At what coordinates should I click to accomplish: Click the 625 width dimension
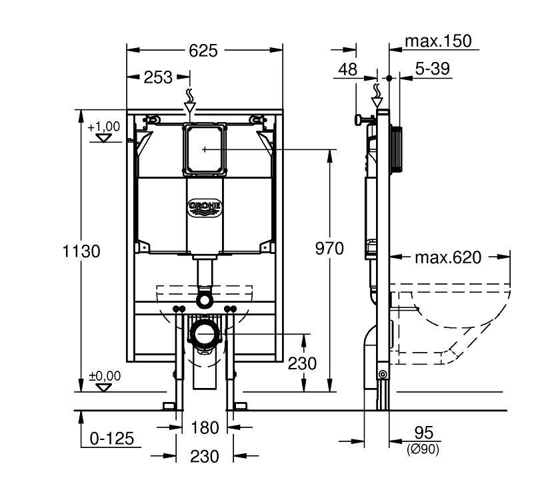[x=203, y=51]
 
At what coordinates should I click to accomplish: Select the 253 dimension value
[x=158, y=77]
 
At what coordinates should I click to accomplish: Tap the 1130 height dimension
[x=81, y=251]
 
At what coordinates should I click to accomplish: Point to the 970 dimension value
[x=329, y=248]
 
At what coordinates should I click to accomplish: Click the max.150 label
[x=438, y=41]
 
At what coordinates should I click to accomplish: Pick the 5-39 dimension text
[x=432, y=68]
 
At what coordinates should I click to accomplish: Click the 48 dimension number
[x=347, y=69]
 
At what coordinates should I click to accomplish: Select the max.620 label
[x=448, y=257]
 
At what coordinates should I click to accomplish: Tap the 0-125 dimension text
[x=112, y=438]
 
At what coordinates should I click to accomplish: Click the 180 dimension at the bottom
[x=205, y=427]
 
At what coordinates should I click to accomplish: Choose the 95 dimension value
[x=424, y=433]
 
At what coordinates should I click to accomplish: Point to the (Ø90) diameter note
[x=423, y=449]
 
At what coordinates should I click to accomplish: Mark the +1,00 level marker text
[x=104, y=126]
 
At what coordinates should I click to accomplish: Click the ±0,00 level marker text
[x=105, y=375]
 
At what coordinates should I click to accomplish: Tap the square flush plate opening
[x=205, y=149]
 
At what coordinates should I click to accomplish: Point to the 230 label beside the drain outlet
[x=302, y=363]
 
